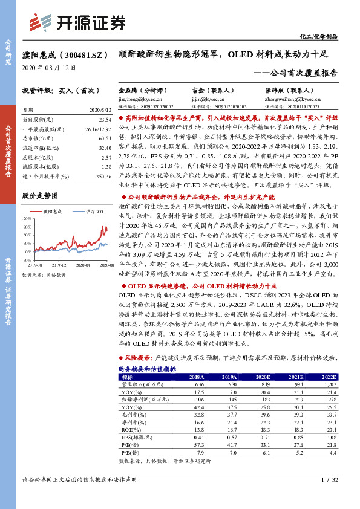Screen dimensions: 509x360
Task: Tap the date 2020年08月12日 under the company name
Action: tap(49, 68)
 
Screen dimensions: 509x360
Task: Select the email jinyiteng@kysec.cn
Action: tap(137, 99)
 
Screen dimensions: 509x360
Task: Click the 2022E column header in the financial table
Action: tap(327, 376)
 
